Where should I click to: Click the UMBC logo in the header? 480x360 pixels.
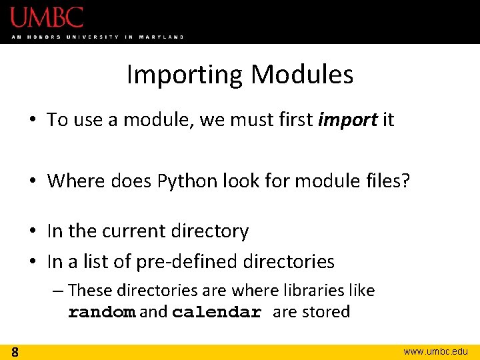click(x=47, y=17)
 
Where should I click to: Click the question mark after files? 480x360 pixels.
click(x=405, y=180)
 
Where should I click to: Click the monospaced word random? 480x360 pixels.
click(x=102, y=313)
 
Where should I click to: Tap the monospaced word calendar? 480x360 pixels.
click(x=217, y=313)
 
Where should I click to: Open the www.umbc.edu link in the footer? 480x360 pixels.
click(x=437, y=351)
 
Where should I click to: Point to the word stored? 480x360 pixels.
click(x=326, y=312)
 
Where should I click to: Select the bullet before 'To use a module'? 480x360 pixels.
click(x=33, y=121)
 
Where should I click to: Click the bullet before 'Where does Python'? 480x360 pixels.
click(x=33, y=181)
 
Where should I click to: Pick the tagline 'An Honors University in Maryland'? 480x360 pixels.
click(x=97, y=37)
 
